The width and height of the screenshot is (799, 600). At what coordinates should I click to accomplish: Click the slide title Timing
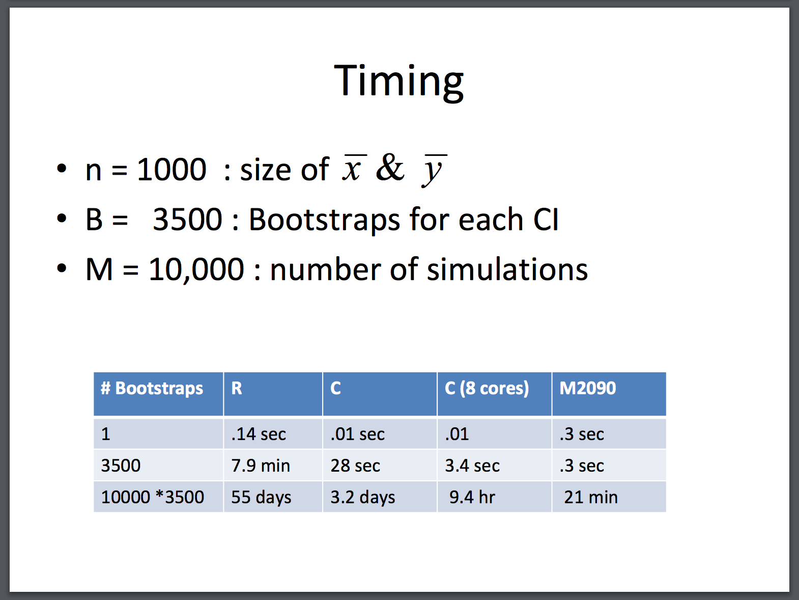coord(398,83)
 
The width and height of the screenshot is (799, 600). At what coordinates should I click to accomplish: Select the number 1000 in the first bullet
coord(172,170)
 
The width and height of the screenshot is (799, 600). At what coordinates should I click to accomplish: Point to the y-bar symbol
coord(434,170)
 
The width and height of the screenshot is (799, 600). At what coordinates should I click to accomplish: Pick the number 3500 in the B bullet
coord(187,220)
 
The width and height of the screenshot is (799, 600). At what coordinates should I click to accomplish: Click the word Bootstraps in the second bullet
coord(324,220)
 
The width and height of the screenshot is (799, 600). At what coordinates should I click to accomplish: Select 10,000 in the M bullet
coord(196,270)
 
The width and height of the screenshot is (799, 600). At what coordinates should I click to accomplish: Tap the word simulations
coord(507,269)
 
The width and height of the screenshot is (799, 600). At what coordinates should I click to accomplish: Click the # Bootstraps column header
coord(152,388)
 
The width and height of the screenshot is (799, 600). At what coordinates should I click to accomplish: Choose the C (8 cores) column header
coord(487,388)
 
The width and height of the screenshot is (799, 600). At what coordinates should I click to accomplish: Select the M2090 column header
coord(587,388)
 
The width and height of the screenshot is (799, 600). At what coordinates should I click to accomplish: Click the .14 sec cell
coord(259,434)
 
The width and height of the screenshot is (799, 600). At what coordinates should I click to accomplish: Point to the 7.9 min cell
coord(261,466)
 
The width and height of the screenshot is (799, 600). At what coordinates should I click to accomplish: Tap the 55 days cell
coord(262,497)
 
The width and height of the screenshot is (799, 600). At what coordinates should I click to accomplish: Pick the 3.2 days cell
coord(362,497)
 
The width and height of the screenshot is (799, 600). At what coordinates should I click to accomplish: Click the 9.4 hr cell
coord(472,497)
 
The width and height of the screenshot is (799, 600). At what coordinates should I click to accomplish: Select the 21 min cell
coord(591,497)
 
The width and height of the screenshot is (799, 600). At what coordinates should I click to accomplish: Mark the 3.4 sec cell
coord(472,466)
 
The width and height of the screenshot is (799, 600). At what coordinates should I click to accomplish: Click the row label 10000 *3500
coord(153,497)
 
